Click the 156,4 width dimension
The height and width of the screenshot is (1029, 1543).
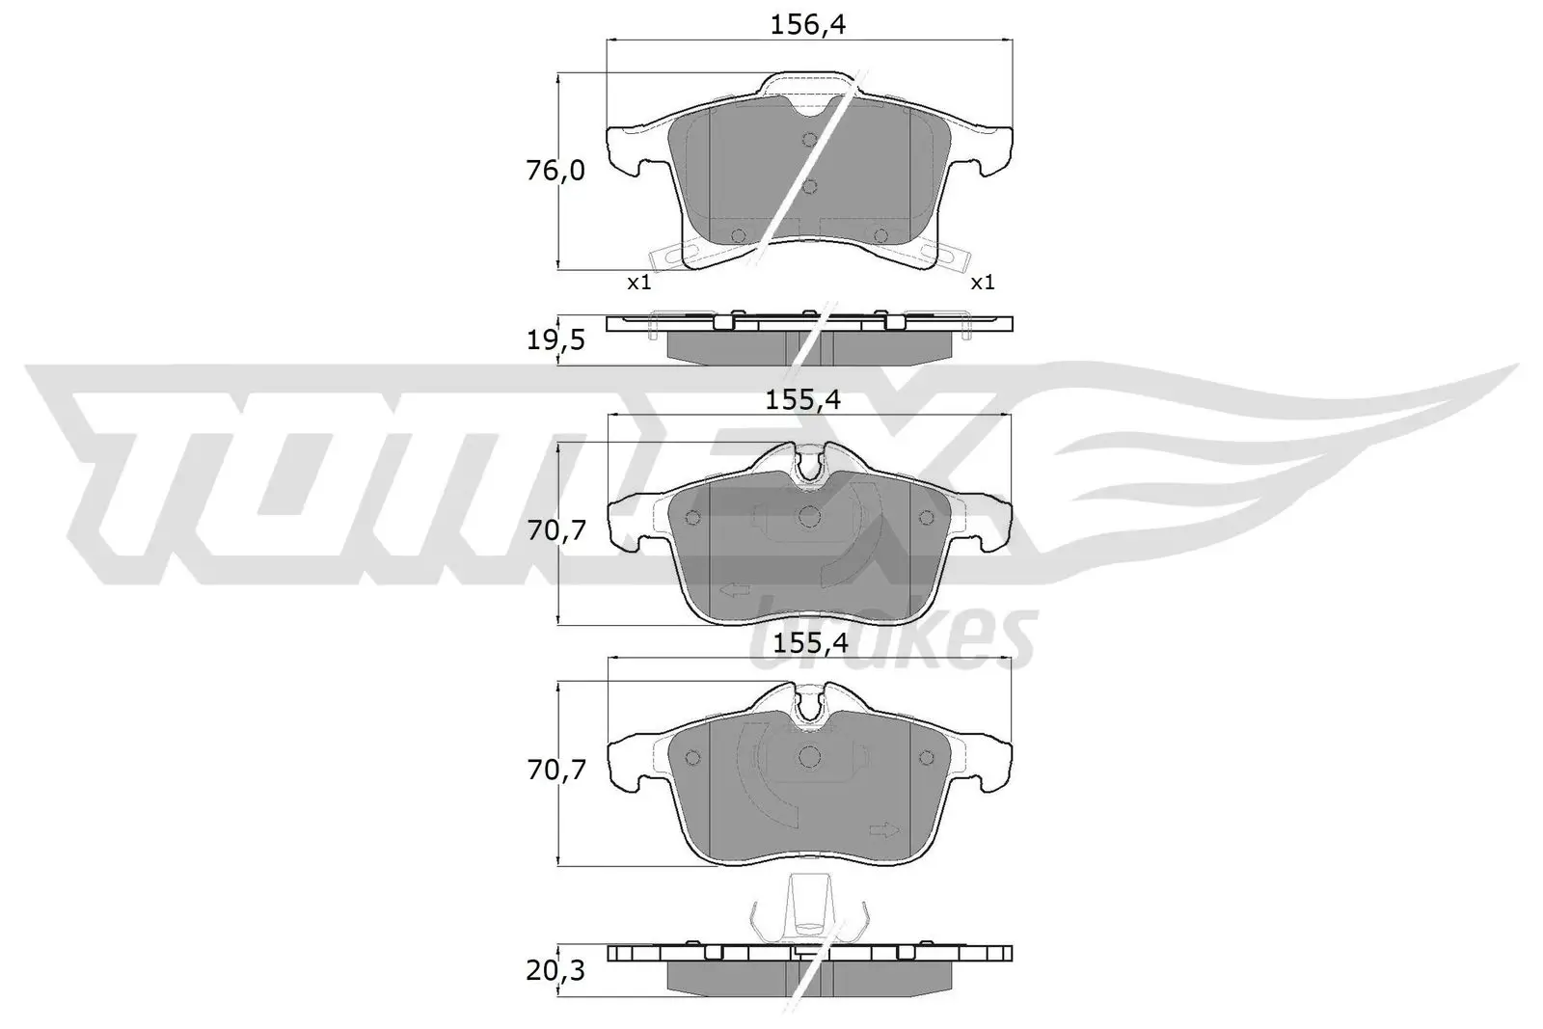808,25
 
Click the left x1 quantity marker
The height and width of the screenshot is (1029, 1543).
639,283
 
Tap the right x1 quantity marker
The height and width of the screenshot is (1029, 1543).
982,283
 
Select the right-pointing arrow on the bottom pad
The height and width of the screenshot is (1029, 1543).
883,829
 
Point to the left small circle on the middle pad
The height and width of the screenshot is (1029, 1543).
691,518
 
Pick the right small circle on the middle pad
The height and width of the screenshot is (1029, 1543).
928,518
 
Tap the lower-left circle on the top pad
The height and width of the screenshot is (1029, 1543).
740,235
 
